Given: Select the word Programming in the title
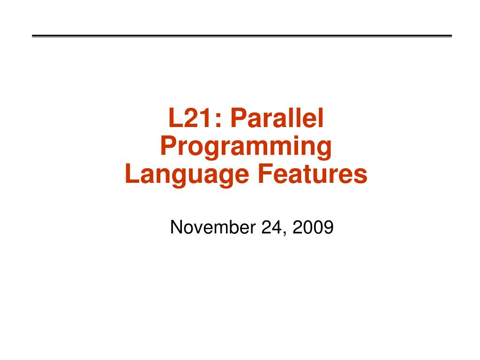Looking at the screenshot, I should [246, 147].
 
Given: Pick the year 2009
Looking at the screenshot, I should [313, 228].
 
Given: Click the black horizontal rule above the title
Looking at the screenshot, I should [242, 36].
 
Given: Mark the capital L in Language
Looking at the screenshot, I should [132, 174].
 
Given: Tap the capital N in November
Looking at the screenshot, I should [176, 228].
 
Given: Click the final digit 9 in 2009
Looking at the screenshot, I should [329, 228].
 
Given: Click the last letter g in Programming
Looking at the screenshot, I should [324, 149].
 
